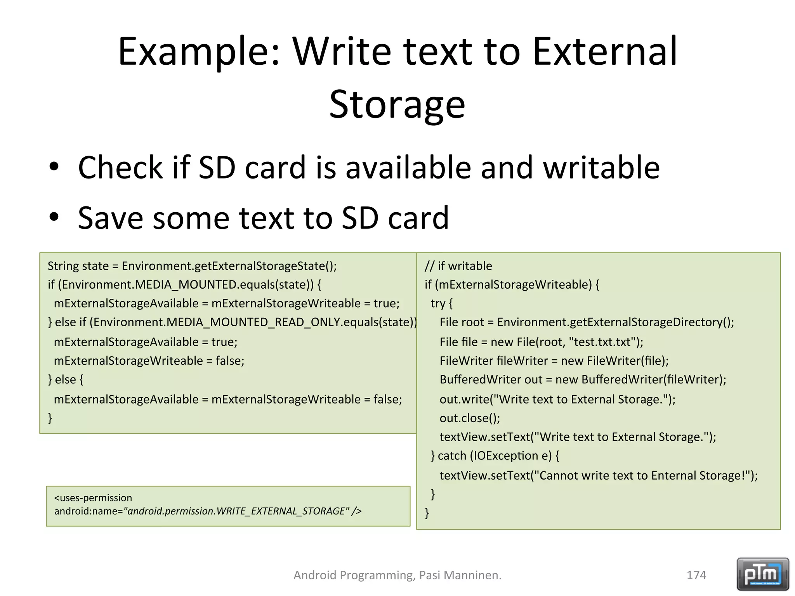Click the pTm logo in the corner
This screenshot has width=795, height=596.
[x=762, y=574]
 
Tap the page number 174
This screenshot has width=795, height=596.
[x=696, y=575]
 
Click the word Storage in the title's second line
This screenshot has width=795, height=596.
[x=397, y=104]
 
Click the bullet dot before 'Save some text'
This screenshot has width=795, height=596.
[x=54, y=217]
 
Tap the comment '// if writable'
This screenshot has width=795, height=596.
[x=458, y=266]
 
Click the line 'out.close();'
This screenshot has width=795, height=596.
[x=470, y=418]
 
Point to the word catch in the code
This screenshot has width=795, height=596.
[x=452, y=456]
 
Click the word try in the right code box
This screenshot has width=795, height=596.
[x=437, y=303]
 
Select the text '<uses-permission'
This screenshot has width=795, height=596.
[x=93, y=498]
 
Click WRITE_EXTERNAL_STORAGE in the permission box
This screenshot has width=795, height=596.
[x=281, y=511]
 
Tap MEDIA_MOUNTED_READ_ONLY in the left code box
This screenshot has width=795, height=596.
[x=253, y=322]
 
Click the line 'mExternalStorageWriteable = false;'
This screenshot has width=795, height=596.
[x=149, y=360]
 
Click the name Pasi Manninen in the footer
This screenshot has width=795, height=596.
[x=460, y=575]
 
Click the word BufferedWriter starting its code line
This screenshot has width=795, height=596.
[x=480, y=379]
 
